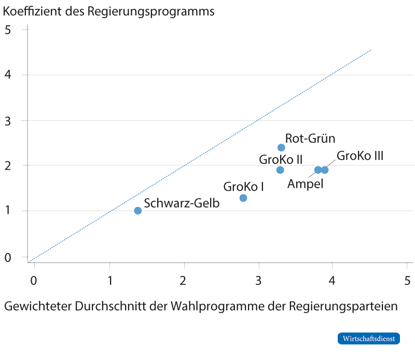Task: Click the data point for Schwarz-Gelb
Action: coord(137,211)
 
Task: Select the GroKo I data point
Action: coord(243,198)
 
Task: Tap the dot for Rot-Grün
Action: coord(281,148)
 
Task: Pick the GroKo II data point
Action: coord(280,170)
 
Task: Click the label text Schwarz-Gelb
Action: coord(182,203)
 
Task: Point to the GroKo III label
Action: coord(360,156)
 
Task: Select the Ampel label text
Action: coord(305,184)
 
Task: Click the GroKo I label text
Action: coord(243,186)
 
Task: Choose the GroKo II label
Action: coord(281,159)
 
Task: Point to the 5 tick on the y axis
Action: coord(8,30)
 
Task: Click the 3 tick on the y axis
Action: coord(8,120)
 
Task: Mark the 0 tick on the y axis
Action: coord(8,256)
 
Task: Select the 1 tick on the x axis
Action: coord(109,281)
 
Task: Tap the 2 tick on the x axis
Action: coord(184,281)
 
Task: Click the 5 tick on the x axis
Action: coord(407,281)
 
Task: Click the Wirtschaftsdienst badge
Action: coord(369,338)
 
